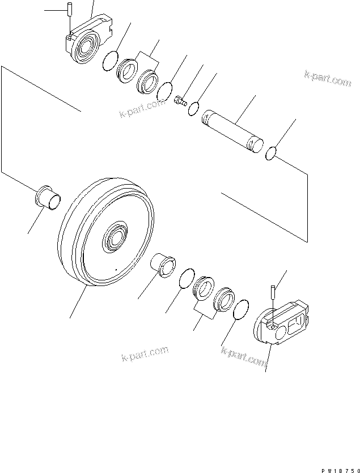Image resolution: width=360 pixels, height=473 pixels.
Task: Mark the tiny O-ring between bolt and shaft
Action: pyautogui.click(x=194, y=108)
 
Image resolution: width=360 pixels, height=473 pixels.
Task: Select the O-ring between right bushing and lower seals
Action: pyautogui.click(x=184, y=278)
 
